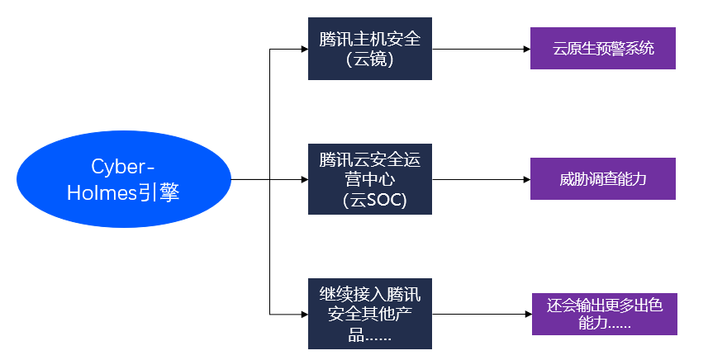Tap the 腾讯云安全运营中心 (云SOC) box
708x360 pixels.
(369, 178)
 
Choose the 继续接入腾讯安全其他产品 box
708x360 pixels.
(369, 314)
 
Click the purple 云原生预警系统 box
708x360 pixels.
(602, 49)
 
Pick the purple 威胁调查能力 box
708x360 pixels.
(602, 178)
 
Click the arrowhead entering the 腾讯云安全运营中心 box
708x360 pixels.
(303, 179)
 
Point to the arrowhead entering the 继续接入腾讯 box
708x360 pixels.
(303, 315)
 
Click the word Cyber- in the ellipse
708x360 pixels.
(123, 166)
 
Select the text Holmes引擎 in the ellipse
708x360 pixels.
(123, 193)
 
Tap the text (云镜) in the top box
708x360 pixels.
(369, 60)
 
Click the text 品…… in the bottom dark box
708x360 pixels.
(369, 334)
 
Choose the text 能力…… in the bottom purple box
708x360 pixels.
(604, 324)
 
